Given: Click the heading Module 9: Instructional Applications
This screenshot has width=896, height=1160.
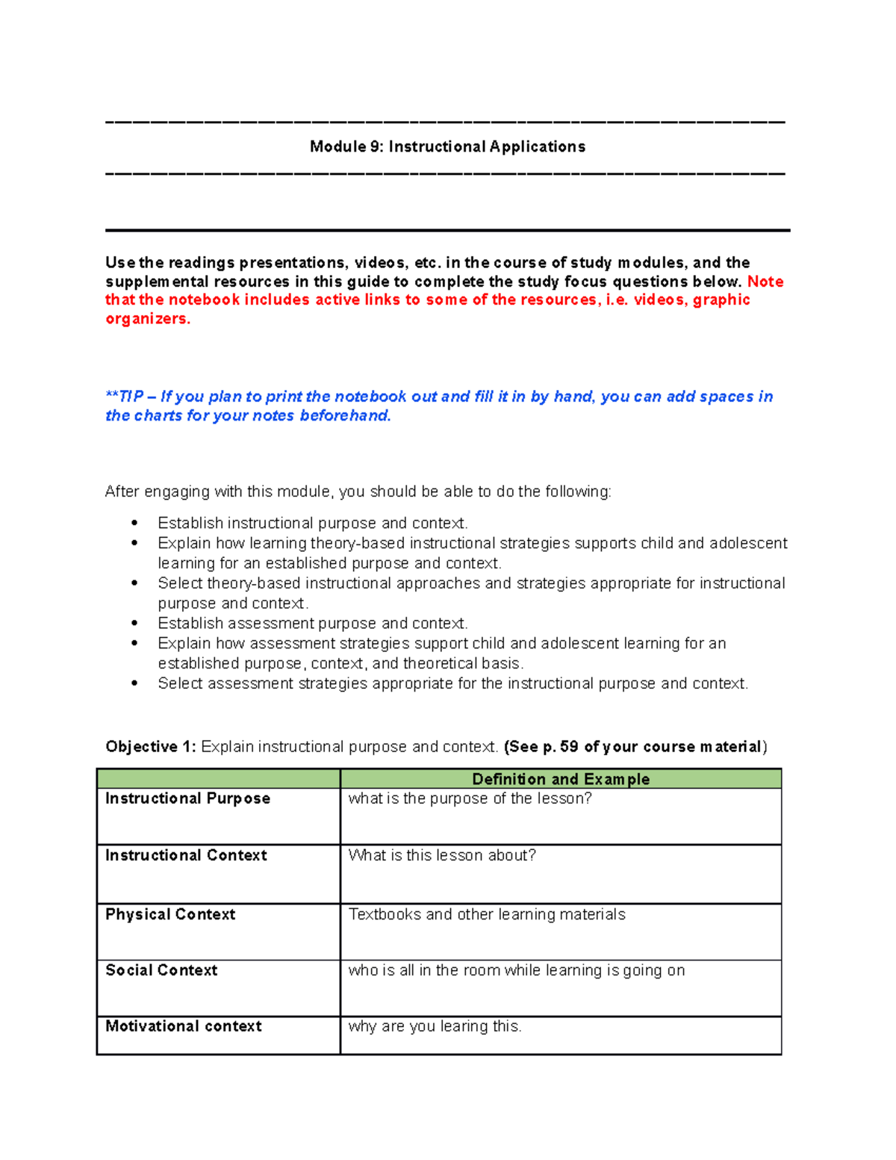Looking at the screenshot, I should coord(447,147).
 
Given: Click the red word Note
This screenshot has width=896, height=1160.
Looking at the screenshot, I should coord(765,282).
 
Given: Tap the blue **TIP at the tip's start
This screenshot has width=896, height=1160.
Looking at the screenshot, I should coord(124,397).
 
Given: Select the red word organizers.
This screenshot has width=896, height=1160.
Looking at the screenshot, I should coord(148,319).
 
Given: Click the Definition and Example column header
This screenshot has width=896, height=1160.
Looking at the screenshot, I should coord(561,779).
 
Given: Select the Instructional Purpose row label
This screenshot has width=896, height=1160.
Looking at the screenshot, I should coord(187,798).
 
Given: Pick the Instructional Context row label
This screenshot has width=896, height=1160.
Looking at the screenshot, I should coord(186,855).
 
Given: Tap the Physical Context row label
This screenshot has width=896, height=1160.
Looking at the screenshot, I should coord(170,914).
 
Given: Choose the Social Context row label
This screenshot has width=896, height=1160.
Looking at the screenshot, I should coord(161,970).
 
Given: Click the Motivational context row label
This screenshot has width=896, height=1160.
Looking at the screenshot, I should coord(184,1026).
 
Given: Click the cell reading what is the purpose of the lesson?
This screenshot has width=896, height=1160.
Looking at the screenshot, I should coord(470,798).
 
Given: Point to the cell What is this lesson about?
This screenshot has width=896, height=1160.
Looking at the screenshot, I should coord(442,855).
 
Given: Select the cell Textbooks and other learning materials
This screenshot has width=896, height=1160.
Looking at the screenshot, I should coord(487,914).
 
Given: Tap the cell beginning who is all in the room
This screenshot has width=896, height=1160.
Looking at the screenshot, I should coord(516,970).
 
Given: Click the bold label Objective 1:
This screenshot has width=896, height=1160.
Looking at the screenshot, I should coord(151,747).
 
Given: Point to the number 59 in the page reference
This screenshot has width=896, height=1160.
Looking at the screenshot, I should coord(569,747).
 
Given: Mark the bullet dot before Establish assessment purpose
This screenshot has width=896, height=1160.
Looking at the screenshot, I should coord(134,623).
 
